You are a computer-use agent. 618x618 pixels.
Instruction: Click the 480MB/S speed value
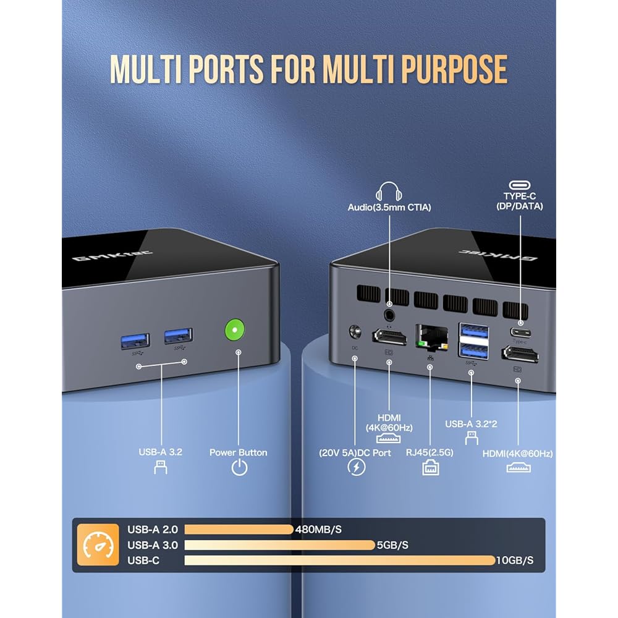(319, 530)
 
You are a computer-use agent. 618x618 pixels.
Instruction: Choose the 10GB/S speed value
(515, 561)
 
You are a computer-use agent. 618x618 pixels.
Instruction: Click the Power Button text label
(239, 452)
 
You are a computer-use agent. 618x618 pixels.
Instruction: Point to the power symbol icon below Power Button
(239, 468)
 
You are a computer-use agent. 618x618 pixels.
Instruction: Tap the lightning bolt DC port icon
(357, 467)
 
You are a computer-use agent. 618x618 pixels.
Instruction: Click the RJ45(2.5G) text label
(430, 452)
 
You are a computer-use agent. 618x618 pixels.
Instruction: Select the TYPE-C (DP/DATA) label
(519, 201)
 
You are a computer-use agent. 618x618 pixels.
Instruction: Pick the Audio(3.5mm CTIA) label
(389, 208)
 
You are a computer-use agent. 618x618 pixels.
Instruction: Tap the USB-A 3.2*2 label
(472, 424)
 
